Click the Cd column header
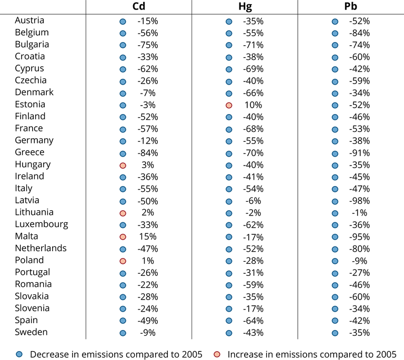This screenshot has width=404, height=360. (x=139, y=6)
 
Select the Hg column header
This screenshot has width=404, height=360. (x=245, y=7)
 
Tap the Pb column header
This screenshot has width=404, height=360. (x=351, y=6)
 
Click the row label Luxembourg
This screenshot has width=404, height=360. (x=42, y=224)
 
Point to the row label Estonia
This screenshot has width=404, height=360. (x=30, y=104)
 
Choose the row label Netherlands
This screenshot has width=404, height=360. (x=41, y=248)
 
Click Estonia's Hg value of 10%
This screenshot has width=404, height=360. (x=253, y=105)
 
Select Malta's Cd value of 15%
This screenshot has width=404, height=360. (x=148, y=236)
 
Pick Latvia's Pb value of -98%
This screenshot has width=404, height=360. (x=359, y=201)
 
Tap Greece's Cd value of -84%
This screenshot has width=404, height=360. (x=148, y=153)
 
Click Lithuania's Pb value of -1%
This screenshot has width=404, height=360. (x=359, y=213)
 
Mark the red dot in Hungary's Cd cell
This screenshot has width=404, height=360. (x=123, y=166)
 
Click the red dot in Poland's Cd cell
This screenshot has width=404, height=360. (x=123, y=261)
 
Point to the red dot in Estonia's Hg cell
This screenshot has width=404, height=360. (x=229, y=105)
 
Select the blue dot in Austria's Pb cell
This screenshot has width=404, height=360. (x=335, y=22)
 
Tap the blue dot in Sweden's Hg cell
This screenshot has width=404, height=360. (x=229, y=333)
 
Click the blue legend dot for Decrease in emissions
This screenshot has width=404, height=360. (x=19, y=354)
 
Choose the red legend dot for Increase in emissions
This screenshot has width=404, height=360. (x=217, y=354)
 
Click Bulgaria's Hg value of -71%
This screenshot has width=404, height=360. (x=253, y=45)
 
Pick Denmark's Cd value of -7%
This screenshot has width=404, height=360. (x=148, y=93)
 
